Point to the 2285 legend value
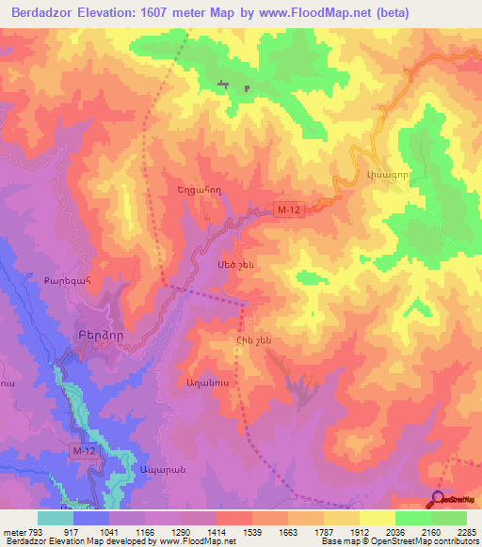(465, 533)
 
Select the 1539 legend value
(233, 533)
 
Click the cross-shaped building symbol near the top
(223, 86)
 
